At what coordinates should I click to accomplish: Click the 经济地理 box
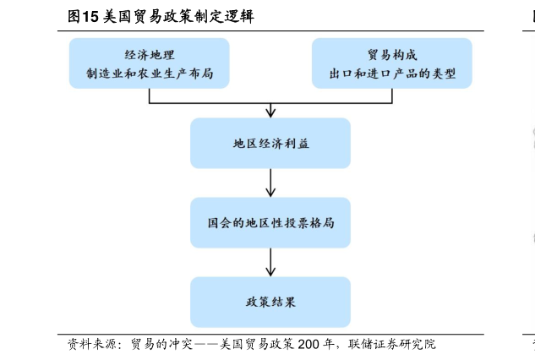(x=149, y=63)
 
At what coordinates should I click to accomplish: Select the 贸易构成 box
(x=392, y=63)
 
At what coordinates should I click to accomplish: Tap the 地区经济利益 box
(x=270, y=143)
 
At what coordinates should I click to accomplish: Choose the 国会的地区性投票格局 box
(x=270, y=223)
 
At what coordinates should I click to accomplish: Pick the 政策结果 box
(x=270, y=302)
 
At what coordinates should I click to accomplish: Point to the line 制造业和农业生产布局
(x=149, y=74)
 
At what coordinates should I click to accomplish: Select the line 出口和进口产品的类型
(x=392, y=74)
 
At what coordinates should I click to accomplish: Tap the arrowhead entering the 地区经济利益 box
(x=270, y=112)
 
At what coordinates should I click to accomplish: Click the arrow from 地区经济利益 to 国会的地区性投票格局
(x=270, y=183)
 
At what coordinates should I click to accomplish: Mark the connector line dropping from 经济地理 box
(x=150, y=95)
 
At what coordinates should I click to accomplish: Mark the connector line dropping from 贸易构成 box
(x=392, y=95)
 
